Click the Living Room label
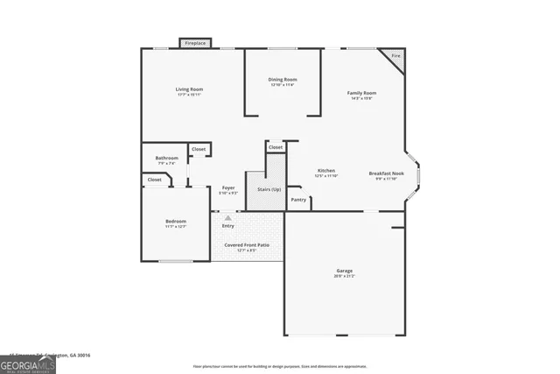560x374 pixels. (x=189, y=89)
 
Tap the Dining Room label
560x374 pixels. (x=283, y=80)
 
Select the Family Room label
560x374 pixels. (x=361, y=93)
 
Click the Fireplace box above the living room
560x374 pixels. (x=195, y=43)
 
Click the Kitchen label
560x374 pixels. (x=325, y=171)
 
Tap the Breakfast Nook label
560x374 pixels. (x=386, y=173)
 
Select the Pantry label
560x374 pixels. (x=298, y=200)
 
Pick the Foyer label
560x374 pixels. (x=227, y=188)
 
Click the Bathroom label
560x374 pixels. (x=166, y=159)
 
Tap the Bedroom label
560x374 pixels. (x=176, y=222)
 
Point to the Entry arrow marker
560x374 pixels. (x=228, y=218)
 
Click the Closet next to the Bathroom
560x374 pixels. (x=199, y=150)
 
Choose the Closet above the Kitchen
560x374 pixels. (x=276, y=147)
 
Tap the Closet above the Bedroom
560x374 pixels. (x=155, y=180)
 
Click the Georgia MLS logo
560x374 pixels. (x=28, y=364)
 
